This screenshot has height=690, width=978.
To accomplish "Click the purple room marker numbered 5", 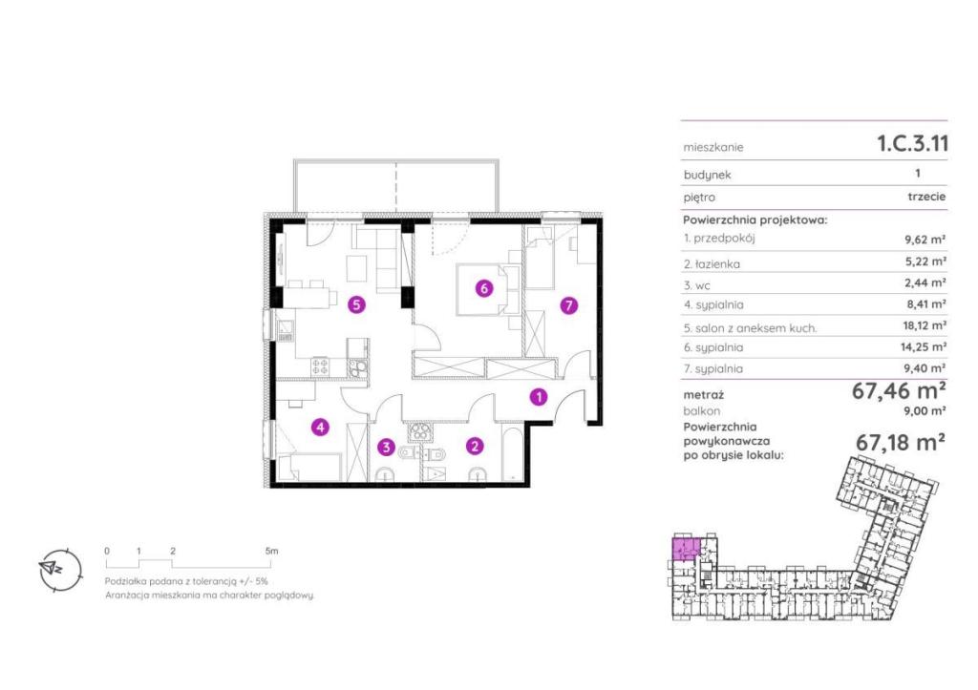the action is [x=356, y=304].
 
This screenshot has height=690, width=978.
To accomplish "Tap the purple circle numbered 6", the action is [x=484, y=288].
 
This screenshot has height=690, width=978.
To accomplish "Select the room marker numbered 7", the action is [x=568, y=305].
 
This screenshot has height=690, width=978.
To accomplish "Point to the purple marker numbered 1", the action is [x=539, y=397].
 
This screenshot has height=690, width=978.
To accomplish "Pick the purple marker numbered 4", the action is [x=320, y=427].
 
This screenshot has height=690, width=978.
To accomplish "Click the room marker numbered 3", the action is [x=387, y=447].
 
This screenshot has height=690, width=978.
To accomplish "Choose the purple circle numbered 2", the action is [x=476, y=446].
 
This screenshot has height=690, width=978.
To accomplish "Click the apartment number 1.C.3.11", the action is [x=912, y=143].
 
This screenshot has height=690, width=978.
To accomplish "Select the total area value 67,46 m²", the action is [x=899, y=391].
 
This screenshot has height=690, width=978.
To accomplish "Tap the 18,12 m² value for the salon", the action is [x=925, y=325].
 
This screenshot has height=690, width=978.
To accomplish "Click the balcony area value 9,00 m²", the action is [x=925, y=410].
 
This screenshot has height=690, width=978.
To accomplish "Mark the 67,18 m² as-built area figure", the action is [x=900, y=443].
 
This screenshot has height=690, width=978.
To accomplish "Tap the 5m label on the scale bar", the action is [x=271, y=551].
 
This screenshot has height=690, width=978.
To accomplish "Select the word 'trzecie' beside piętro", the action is [x=926, y=197].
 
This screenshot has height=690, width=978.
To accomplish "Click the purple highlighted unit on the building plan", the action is [x=685, y=547].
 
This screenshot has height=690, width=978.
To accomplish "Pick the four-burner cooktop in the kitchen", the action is [x=320, y=366].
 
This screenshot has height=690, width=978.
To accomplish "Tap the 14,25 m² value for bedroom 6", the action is [x=925, y=346].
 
